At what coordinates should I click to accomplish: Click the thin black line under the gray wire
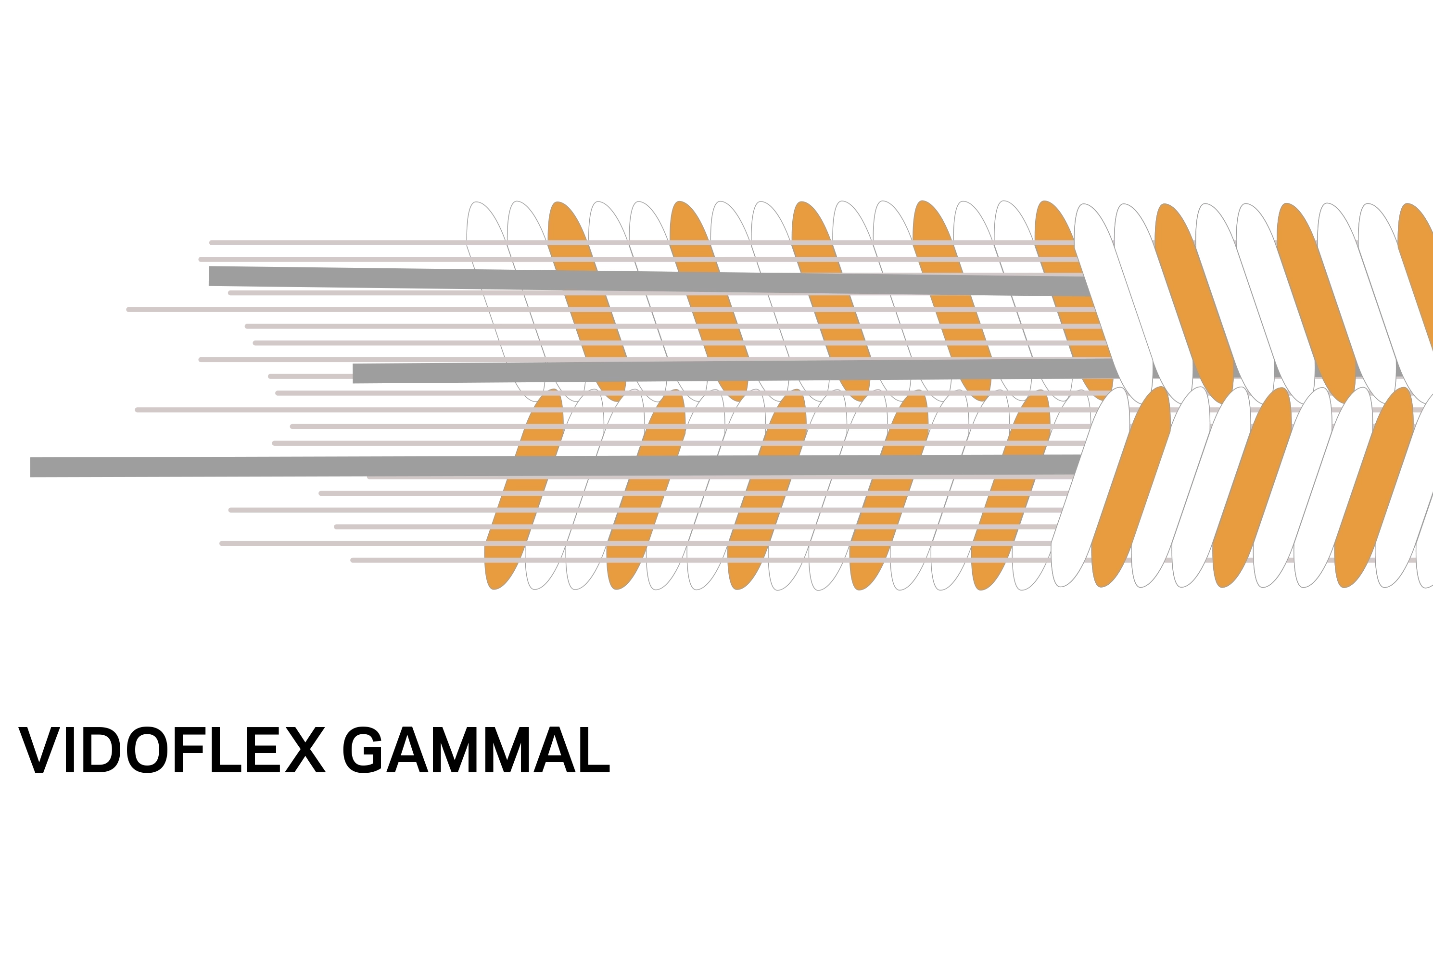coord(235,479)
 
